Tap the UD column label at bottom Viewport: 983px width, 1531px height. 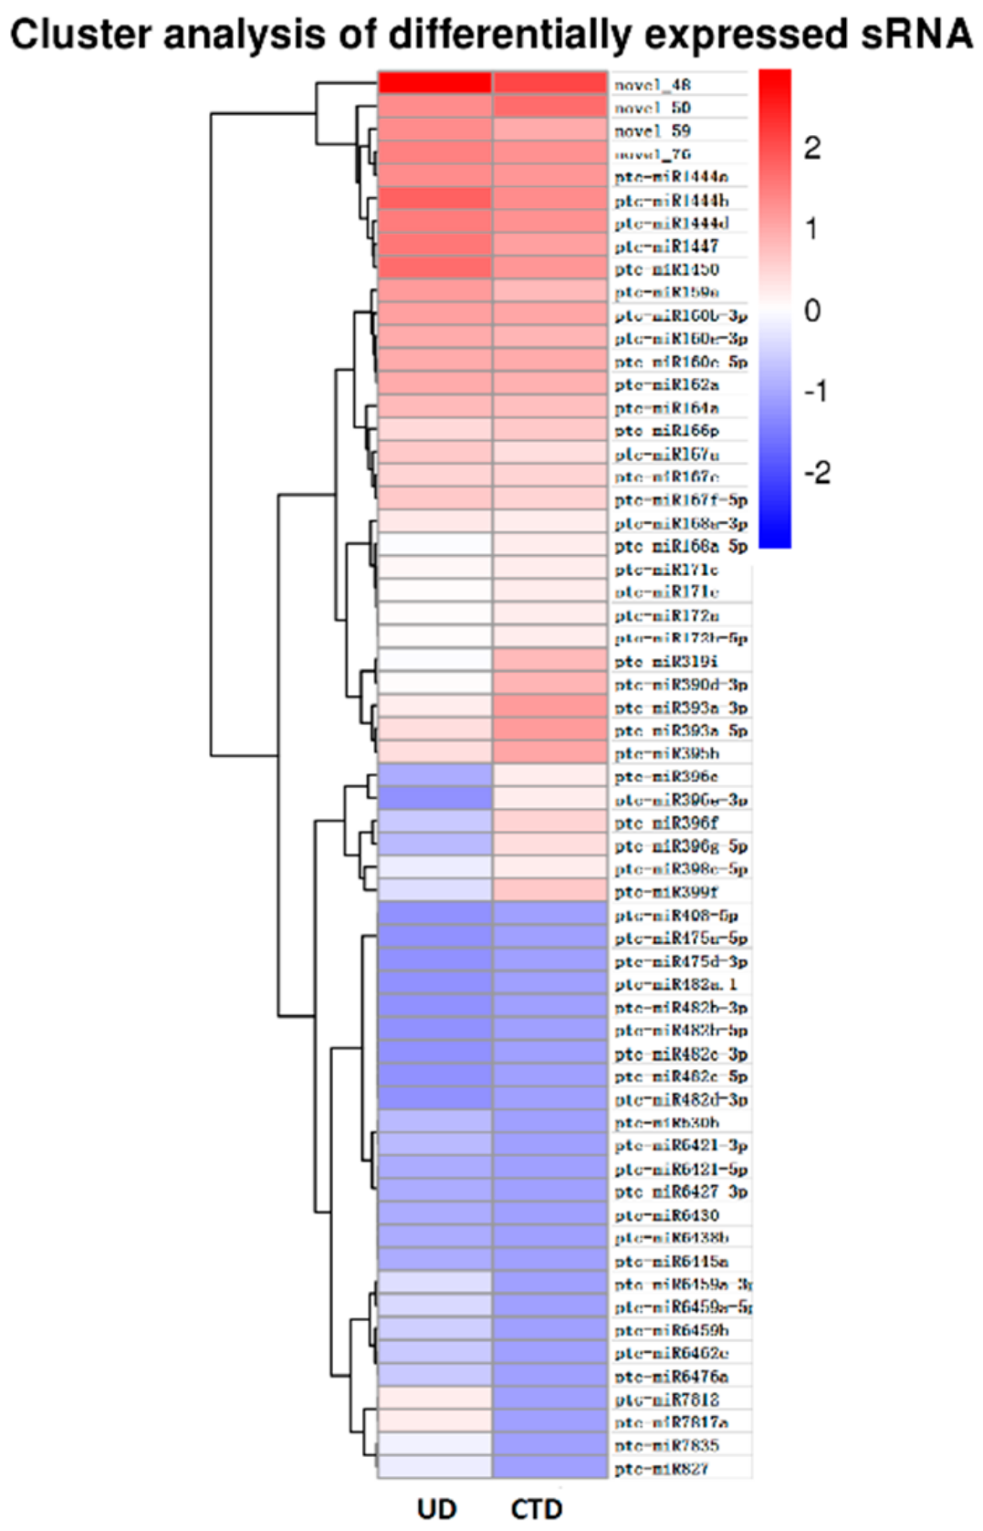coord(436,1508)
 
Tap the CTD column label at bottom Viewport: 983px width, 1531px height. coord(537,1508)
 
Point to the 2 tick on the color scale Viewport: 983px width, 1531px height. coord(812,148)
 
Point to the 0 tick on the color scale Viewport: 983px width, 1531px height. coord(812,310)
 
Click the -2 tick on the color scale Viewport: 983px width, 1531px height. coord(817,473)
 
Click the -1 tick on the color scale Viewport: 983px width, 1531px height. coord(817,392)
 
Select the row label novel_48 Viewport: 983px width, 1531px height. coord(653,85)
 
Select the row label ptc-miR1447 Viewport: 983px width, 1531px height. coord(667,246)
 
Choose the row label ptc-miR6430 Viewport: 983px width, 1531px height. coord(667,1215)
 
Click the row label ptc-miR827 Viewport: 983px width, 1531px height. coord(662,1469)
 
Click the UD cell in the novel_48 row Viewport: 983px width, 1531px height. coord(435,84)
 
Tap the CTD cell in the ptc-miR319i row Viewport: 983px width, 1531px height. coord(550,661)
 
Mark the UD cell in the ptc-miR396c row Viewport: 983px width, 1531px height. coord(435,776)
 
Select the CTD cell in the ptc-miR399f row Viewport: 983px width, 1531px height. coord(550,891)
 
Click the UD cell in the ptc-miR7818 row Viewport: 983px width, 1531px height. coord(435,1399)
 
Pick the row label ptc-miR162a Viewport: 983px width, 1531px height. coord(667,384)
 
